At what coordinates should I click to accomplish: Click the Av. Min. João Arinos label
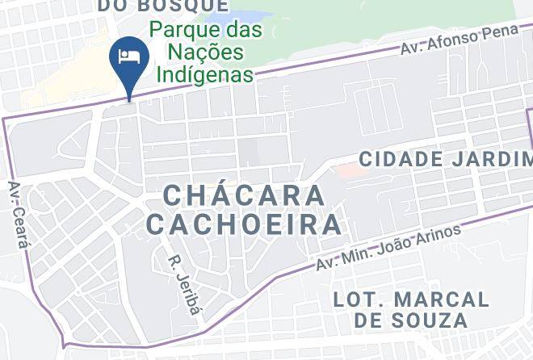pyautogui.click(x=388, y=249)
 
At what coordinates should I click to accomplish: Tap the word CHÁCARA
pyautogui.click(x=244, y=195)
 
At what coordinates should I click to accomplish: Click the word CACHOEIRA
pyautogui.click(x=244, y=224)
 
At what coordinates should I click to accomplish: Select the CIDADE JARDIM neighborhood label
pyautogui.click(x=444, y=158)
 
